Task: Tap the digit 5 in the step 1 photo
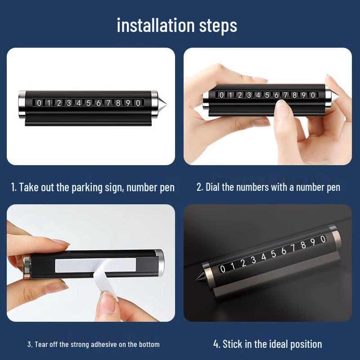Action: point(88,103)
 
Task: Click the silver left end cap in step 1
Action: point(22,104)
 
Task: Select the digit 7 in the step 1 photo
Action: point(108,103)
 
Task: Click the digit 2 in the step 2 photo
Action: point(240,95)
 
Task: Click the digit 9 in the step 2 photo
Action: point(303,95)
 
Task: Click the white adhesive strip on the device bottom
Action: point(95,265)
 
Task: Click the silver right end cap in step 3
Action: point(159,262)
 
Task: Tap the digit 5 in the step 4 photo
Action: point(273,254)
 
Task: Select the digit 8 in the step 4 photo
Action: point(303,245)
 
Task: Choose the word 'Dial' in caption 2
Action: point(212,187)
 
